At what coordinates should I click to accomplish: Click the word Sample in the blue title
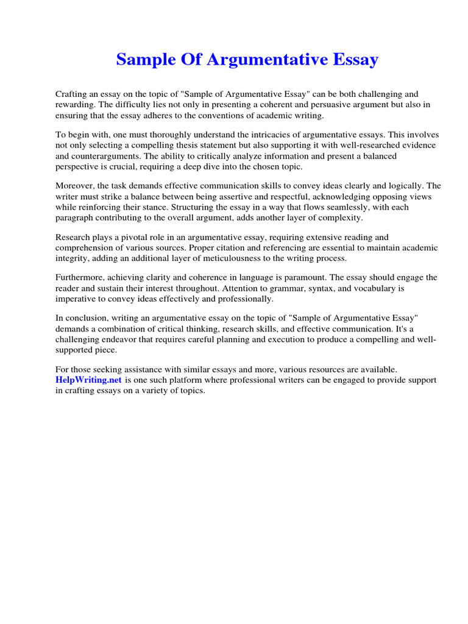[x=143, y=60]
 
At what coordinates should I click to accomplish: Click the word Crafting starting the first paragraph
[x=72, y=94]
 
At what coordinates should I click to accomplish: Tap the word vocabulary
[x=342, y=288]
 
